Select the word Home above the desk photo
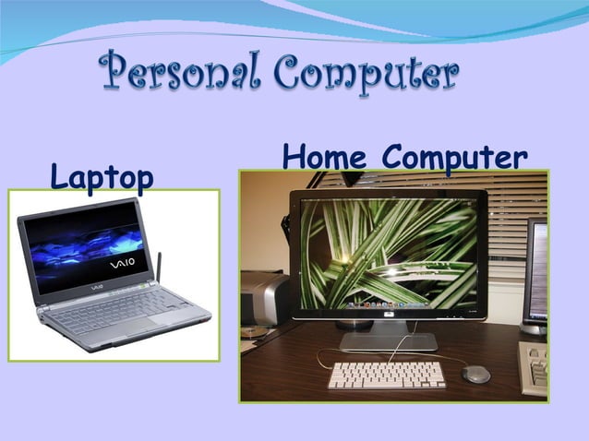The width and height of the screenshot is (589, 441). click(x=328, y=156)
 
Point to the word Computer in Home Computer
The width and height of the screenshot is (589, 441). click(x=455, y=158)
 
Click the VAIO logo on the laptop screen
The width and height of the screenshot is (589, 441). click(x=122, y=263)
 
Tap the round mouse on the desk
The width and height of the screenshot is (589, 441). click(x=476, y=374)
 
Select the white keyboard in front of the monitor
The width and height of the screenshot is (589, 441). click(x=387, y=375)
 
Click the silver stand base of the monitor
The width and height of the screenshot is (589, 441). click(x=387, y=341)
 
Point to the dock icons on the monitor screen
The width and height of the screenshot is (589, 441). click(x=389, y=304)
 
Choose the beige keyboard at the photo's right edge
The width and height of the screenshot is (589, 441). click(x=535, y=365)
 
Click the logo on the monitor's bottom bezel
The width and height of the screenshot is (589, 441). click(x=388, y=314)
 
